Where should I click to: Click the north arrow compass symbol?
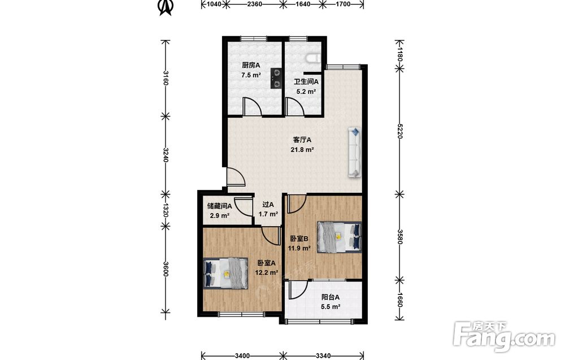pos(165,7)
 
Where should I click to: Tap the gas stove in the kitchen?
pos(276,79)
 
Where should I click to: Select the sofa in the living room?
pos(355,152)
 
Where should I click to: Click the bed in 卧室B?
pos(339,237)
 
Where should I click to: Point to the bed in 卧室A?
pos(225,273)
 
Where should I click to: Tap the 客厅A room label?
pos(302,140)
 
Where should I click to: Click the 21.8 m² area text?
pos(302,149)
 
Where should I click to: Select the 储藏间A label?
pos(219,206)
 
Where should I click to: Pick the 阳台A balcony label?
pos(330,297)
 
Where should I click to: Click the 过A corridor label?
pos(268,205)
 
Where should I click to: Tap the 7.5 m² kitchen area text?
pos(251,75)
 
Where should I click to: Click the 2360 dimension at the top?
pos(254,4)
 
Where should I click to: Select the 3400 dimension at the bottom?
pos(242,356)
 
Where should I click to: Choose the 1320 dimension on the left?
pos(166,210)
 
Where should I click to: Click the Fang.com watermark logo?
pos(504,336)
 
